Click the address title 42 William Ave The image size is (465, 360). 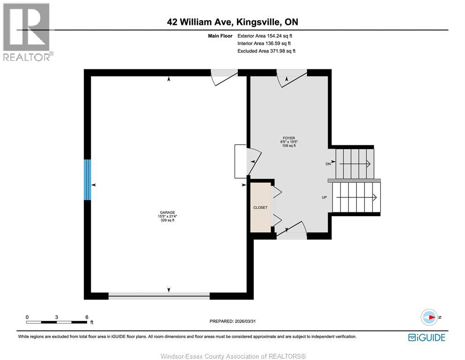click(x=232, y=22)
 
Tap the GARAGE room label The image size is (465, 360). click(x=167, y=212)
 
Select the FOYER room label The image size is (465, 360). click(x=288, y=138)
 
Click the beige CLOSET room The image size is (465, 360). click(x=260, y=207)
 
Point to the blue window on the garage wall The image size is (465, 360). click(x=87, y=180)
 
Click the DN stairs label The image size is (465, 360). click(x=328, y=164)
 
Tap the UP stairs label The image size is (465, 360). click(x=324, y=197)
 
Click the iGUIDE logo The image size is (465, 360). click(x=427, y=337)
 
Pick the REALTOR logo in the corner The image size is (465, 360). click(x=27, y=32)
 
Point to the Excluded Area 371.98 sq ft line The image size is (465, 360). click(x=266, y=51)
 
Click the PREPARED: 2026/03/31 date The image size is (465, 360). click(x=233, y=321)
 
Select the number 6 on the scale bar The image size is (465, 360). click(x=87, y=317)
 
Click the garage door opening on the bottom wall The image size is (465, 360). click(x=159, y=295)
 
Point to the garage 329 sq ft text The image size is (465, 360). click(x=167, y=220)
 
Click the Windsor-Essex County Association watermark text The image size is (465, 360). click(x=233, y=356)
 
